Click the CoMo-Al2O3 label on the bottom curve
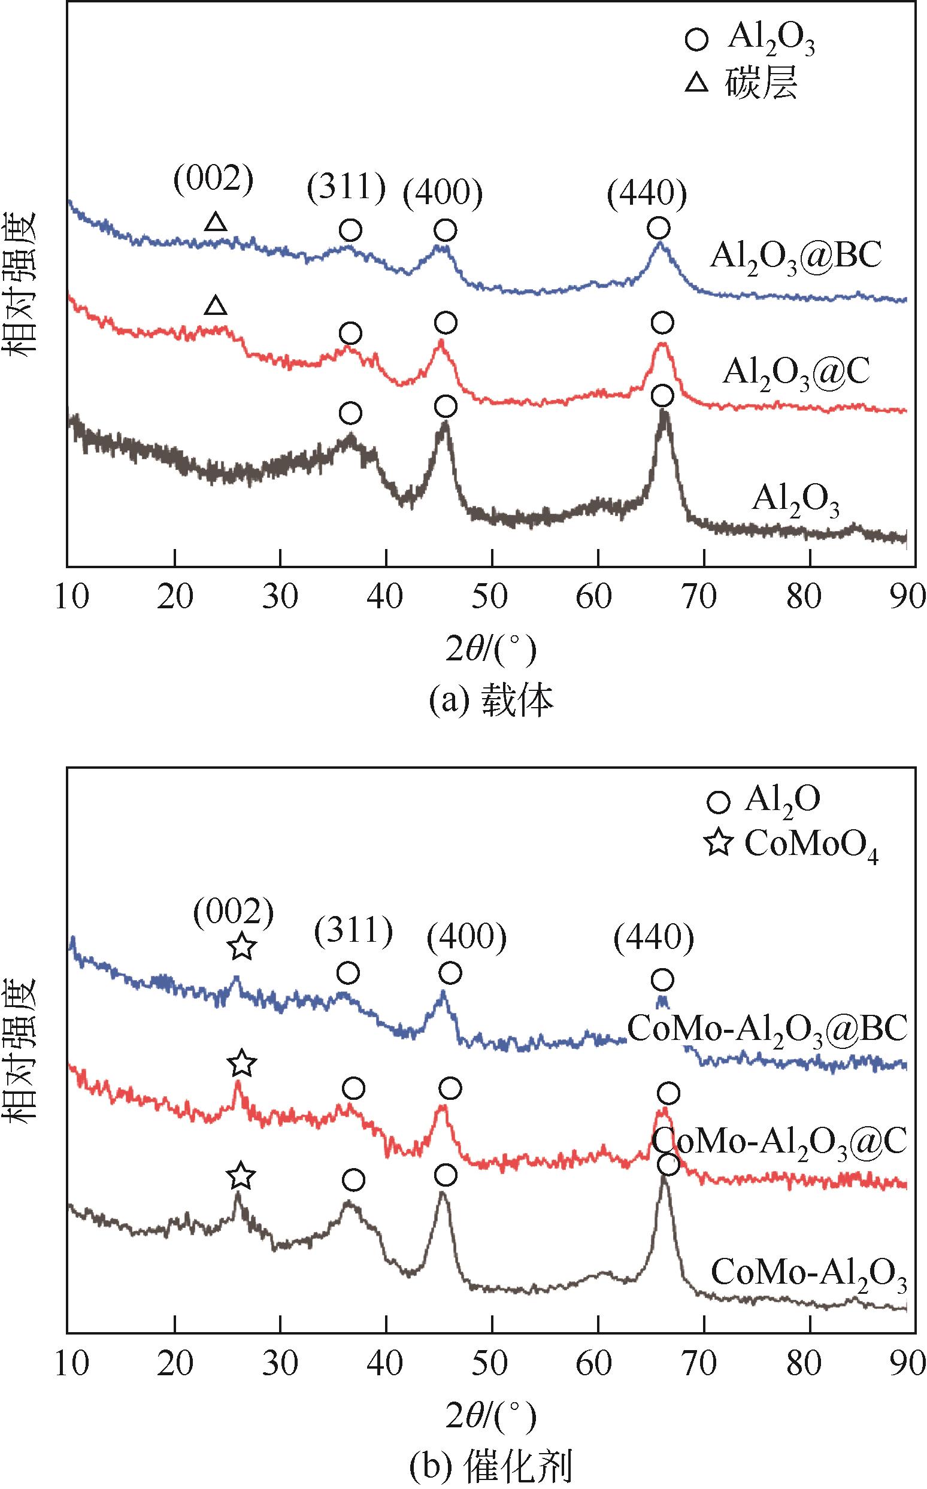pyautogui.click(x=808, y=1274)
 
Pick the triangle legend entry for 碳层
pyautogui.click(x=696, y=83)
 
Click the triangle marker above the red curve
pyautogui.click(x=214, y=305)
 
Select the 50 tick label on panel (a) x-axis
pyautogui.click(x=490, y=596)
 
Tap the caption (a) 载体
pyautogui.click(x=490, y=702)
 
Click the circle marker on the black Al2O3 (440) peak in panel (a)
pyautogui.click(x=662, y=396)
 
